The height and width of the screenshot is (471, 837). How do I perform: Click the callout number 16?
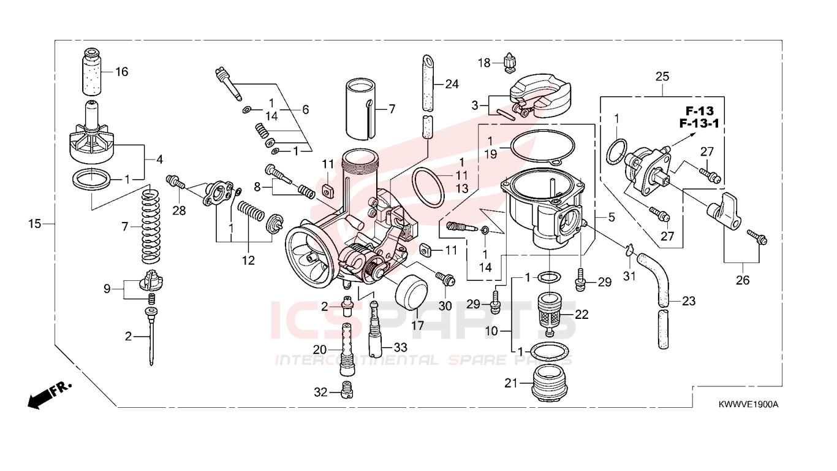tap(122, 72)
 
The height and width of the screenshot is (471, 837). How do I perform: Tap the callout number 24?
tap(452, 84)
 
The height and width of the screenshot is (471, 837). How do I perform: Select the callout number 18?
tap(484, 63)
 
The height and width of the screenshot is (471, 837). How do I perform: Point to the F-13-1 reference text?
tap(699, 123)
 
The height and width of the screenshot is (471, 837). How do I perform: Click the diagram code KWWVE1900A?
tap(748, 404)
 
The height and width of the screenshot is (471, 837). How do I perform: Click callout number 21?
tap(511, 383)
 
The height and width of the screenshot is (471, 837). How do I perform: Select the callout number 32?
tap(320, 392)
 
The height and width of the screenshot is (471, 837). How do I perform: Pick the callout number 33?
tap(400, 348)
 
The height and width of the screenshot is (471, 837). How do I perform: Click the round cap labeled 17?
tap(411, 292)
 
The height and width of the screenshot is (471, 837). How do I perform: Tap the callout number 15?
tap(35, 224)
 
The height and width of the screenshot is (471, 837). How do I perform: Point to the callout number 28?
tap(179, 210)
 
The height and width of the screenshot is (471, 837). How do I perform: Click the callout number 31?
tap(629, 276)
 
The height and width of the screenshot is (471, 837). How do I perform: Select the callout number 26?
tap(743, 280)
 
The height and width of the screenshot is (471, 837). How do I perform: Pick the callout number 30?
tap(445, 306)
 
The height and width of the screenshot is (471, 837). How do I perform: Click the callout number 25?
tap(662, 77)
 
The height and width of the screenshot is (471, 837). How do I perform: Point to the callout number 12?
tap(248, 260)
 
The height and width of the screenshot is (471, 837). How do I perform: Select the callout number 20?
tap(320, 350)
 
